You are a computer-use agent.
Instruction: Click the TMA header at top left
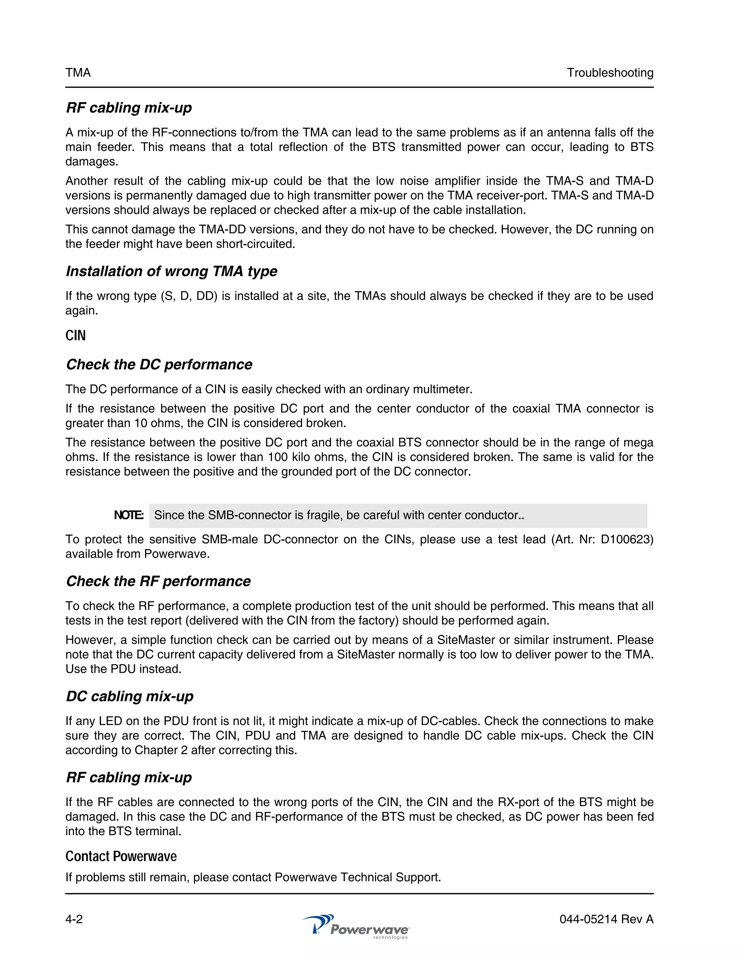click(78, 72)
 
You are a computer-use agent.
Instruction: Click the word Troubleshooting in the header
click(610, 72)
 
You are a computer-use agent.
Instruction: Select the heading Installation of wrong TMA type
click(171, 271)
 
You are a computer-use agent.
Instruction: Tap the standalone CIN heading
click(76, 335)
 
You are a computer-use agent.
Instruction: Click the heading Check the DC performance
click(159, 364)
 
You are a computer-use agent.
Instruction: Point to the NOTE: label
click(128, 515)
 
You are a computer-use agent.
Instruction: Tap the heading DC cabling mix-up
click(130, 696)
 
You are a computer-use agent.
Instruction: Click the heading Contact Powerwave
click(121, 856)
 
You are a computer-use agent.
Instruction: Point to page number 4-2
click(74, 919)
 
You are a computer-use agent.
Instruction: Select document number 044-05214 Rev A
click(606, 919)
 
